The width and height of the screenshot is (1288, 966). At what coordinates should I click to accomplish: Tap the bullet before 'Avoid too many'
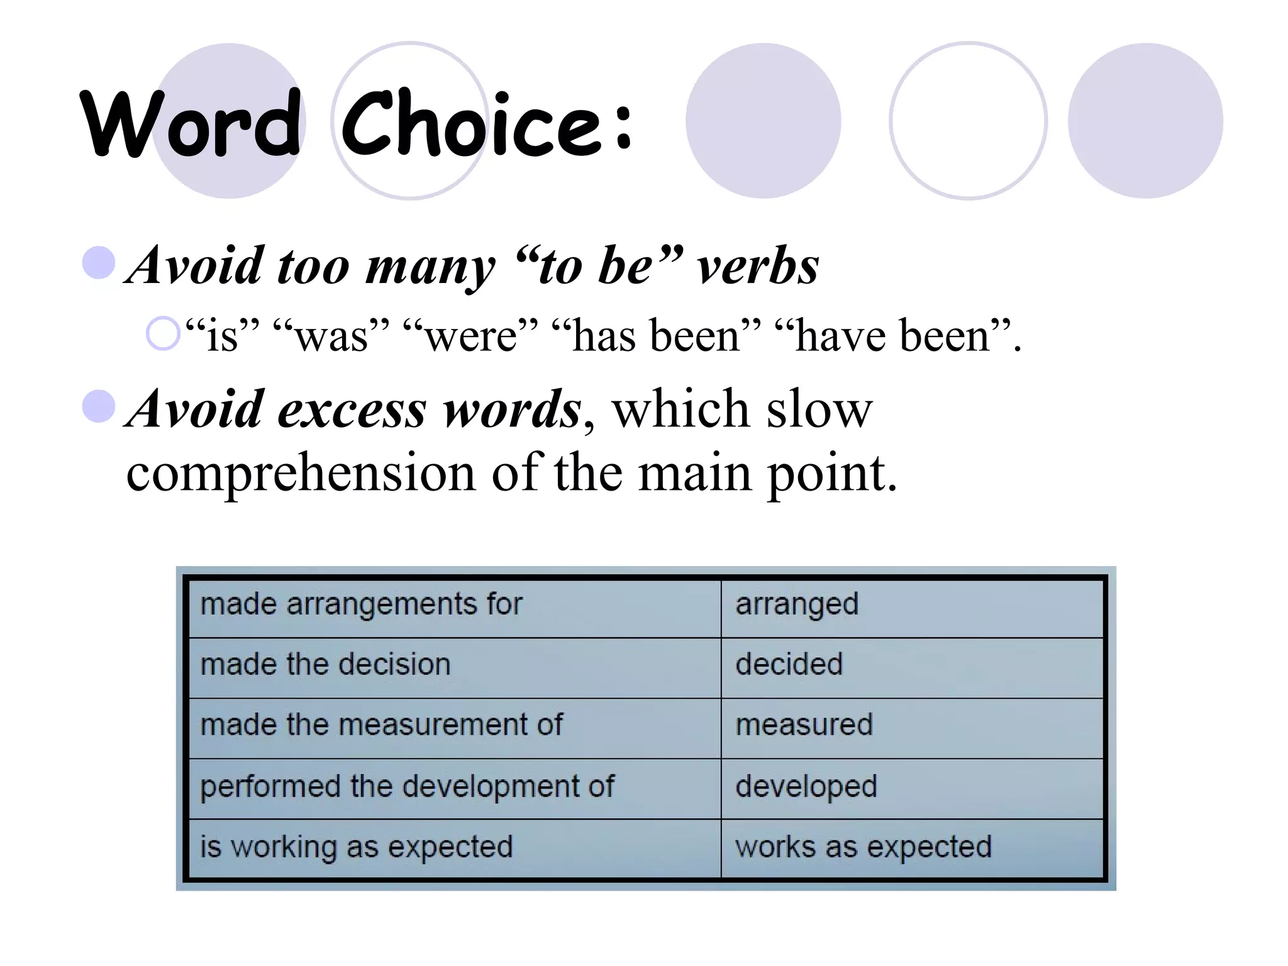point(99,262)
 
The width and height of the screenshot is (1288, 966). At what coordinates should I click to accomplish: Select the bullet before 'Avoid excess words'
point(99,406)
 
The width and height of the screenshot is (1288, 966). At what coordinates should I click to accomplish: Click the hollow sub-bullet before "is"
point(163,333)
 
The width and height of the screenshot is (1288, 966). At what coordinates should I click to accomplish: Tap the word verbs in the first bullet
point(757,267)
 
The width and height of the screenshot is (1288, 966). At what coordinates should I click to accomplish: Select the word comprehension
point(301,473)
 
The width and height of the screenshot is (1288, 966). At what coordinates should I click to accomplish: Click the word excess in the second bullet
point(352,410)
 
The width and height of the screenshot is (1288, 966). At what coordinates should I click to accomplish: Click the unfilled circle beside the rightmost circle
point(968,121)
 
